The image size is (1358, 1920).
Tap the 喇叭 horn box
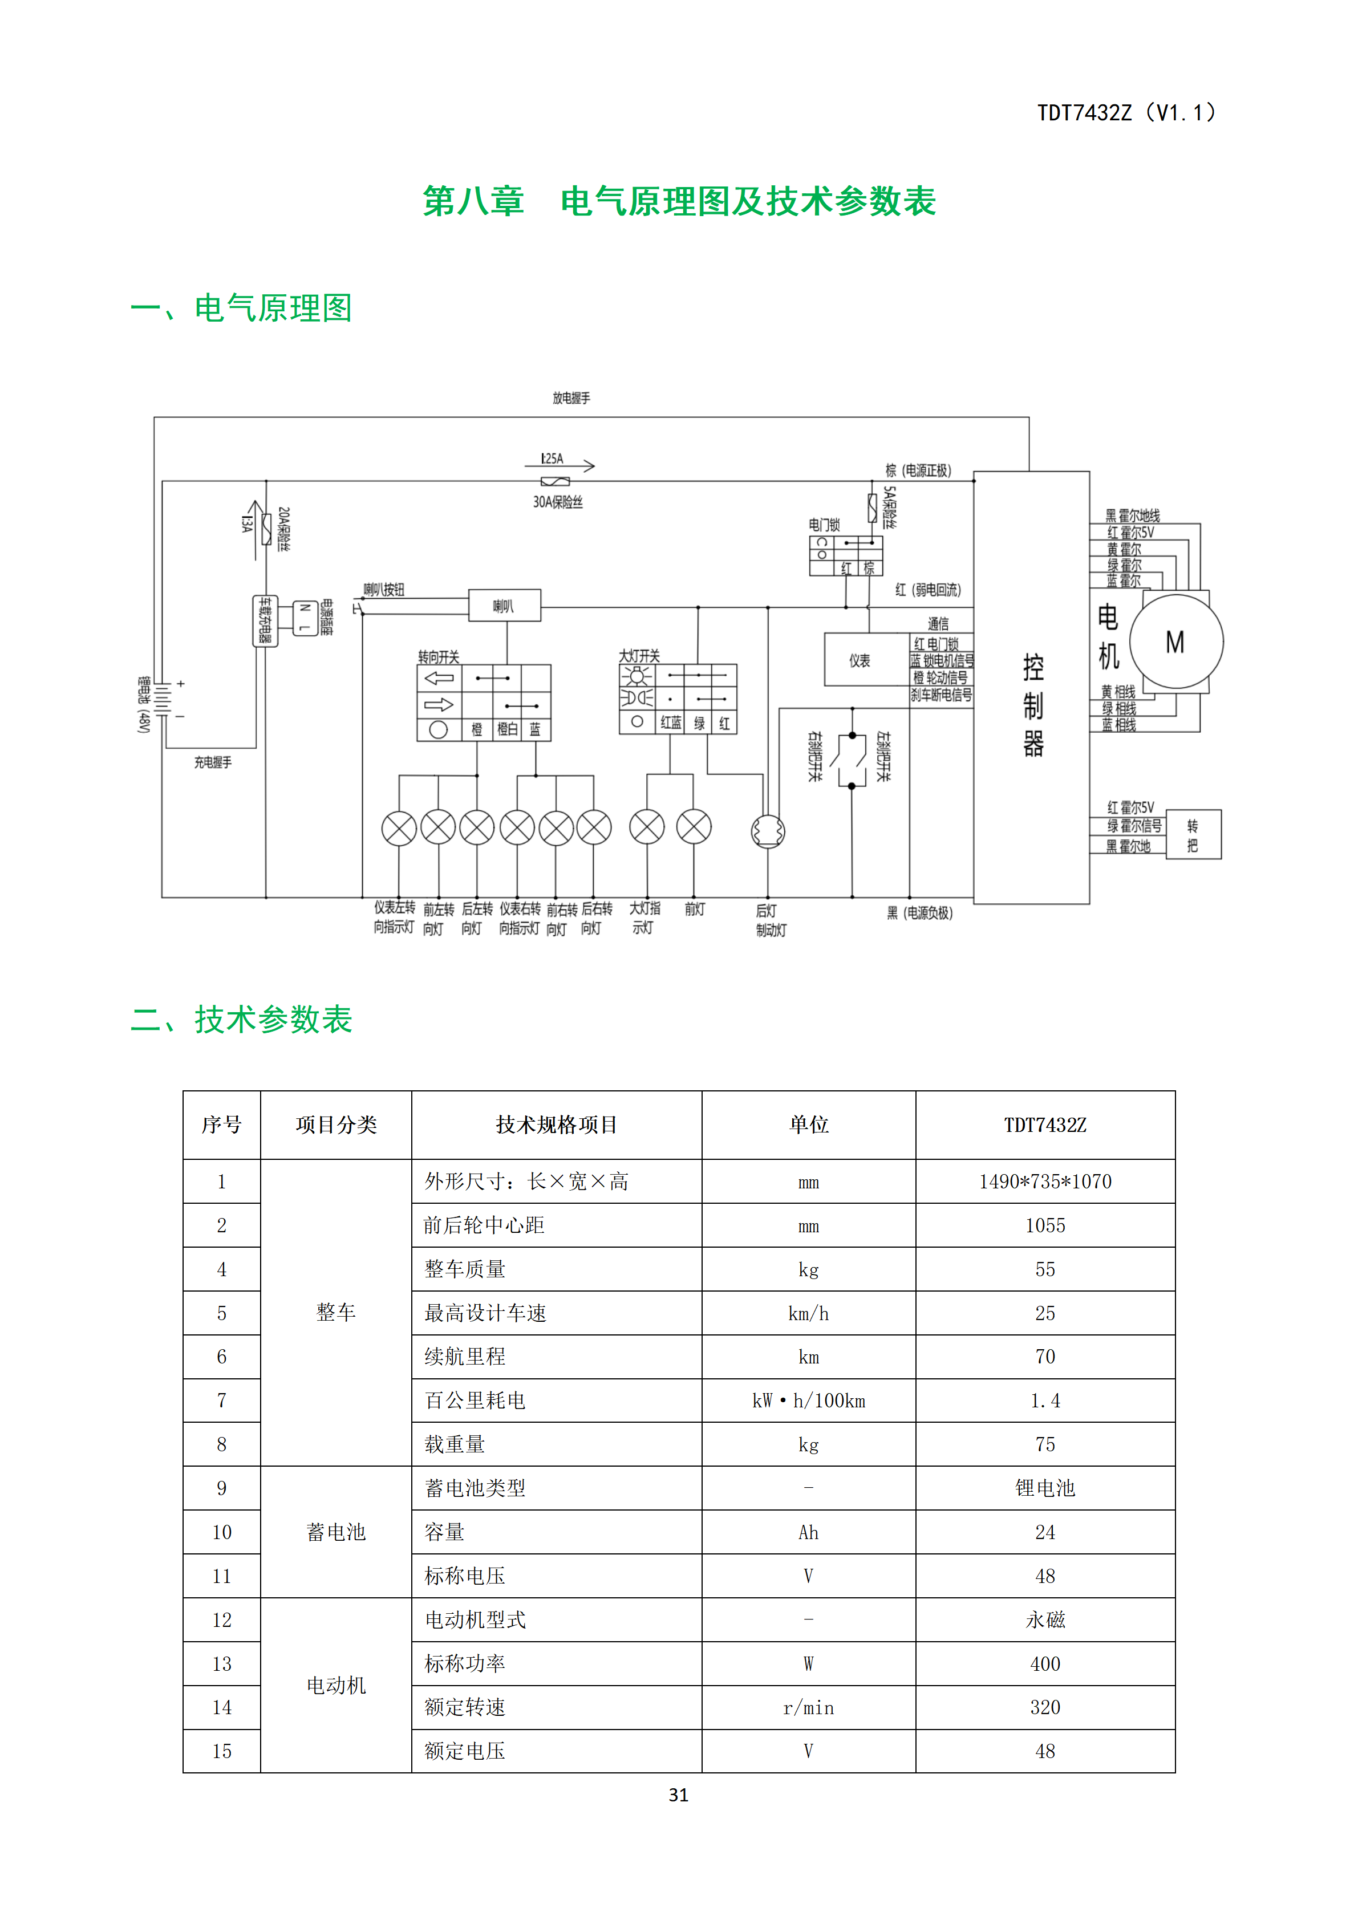(504, 606)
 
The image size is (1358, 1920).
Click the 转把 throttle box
(1193, 835)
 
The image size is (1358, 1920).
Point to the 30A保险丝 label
(558, 502)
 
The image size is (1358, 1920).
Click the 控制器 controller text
(1033, 705)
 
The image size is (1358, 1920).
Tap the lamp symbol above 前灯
(694, 827)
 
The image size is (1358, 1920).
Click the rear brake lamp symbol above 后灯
(768, 831)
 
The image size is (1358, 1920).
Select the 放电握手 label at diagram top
(571, 398)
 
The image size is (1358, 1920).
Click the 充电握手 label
(213, 762)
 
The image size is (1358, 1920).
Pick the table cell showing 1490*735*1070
(1045, 1182)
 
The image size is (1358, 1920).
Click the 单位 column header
(809, 1125)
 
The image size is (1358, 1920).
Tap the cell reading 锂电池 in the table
(1045, 1488)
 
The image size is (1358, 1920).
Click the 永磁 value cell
(1045, 1620)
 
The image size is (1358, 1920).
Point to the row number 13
(222, 1664)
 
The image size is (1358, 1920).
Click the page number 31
(679, 1795)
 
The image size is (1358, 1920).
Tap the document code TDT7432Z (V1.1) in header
(1126, 113)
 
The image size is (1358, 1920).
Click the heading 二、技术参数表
(242, 1020)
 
